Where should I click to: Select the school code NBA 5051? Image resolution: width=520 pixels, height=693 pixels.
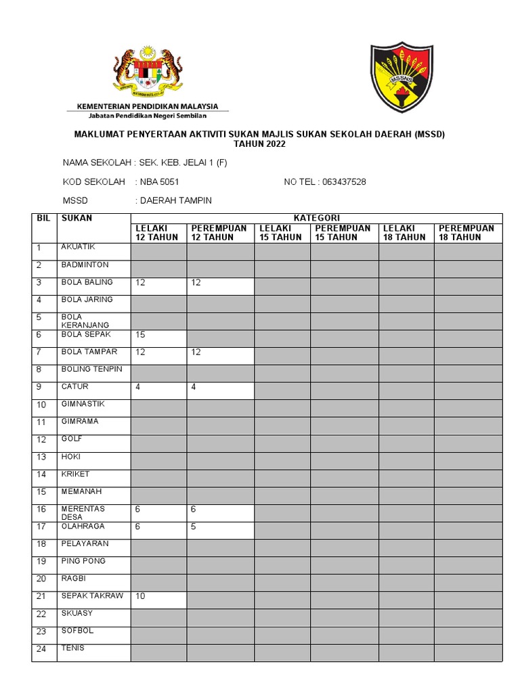click(x=159, y=182)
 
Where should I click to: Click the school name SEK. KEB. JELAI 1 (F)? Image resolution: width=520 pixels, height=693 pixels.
click(x=181, y=163)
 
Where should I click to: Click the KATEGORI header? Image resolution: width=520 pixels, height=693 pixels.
click(x=316, y=218)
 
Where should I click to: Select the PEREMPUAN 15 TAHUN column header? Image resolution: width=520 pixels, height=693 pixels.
click(x=343, y=233)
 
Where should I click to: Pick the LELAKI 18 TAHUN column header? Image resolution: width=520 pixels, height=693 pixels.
click(x=404, y=233)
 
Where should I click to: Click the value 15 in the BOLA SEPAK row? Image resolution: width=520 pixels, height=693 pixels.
click(x=141, y=335)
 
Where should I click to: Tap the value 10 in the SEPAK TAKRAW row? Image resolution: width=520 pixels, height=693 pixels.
click(x=141, y=596)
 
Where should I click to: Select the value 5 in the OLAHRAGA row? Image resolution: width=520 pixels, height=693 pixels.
click(x=194, y=527)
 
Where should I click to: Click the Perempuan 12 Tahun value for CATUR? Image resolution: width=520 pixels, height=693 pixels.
click(x=194, y=387)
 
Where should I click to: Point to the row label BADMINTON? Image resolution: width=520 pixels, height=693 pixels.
click(x=85, y=265)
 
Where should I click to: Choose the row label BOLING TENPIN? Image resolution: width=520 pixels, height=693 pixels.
click(x=91, y=369)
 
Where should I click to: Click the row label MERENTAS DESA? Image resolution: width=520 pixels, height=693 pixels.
click(x=83, y=513)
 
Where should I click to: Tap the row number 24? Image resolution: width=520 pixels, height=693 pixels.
click(x=41, y=649)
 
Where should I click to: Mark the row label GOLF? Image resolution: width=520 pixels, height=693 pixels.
click(x=72, y=439)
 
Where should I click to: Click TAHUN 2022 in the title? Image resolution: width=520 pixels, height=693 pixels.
click(x=259, y=144)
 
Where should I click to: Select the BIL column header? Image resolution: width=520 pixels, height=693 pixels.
click(x=42, y=219)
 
